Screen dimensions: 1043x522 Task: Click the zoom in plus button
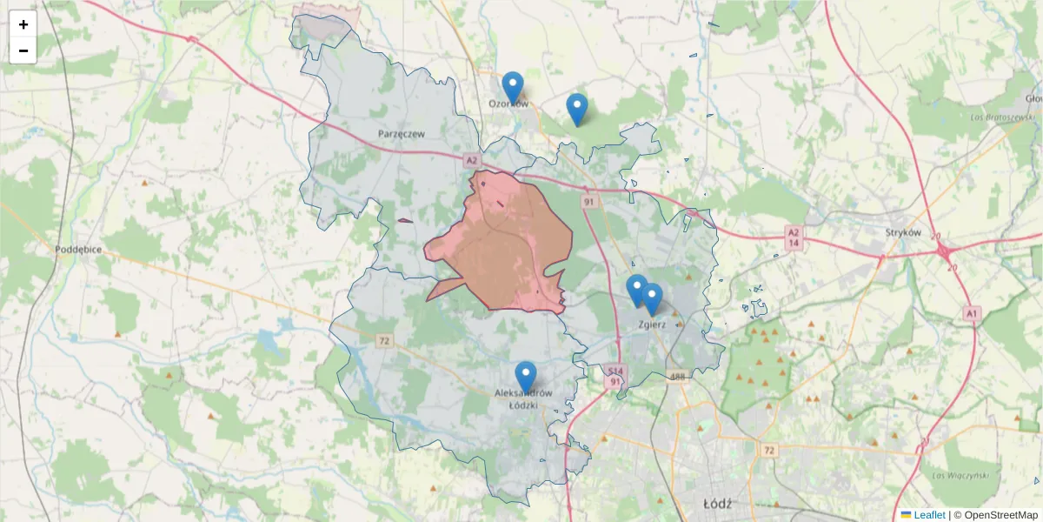[x=23, y=24]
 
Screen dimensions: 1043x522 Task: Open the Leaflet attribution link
[x=928, y=515]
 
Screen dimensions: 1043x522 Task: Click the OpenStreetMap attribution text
[x=995, y=515]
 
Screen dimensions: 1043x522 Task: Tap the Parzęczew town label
[x=401, y=134]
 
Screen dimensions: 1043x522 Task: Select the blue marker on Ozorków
[x=513, y=88]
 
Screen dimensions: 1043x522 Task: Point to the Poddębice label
[x=78, y=249]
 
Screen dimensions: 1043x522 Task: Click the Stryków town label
[x=902, y=232]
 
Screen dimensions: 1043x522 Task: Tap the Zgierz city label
[x=652, y=325]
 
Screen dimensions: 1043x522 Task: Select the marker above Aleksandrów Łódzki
[x=525, y=377]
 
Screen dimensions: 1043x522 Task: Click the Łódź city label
[x=718, y=504]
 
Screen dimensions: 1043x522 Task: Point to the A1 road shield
[x=972, y=312]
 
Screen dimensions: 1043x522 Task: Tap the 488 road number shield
[x=678, y=377]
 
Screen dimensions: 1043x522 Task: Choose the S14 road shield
[x=615, y=370]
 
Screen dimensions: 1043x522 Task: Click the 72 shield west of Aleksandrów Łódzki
[x=385, y=339]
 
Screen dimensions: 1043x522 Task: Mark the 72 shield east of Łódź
[x=767, y=451]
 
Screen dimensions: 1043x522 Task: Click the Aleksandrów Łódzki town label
[x=524, y=399]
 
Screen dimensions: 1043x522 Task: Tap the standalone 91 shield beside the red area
[x=589, y=202]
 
